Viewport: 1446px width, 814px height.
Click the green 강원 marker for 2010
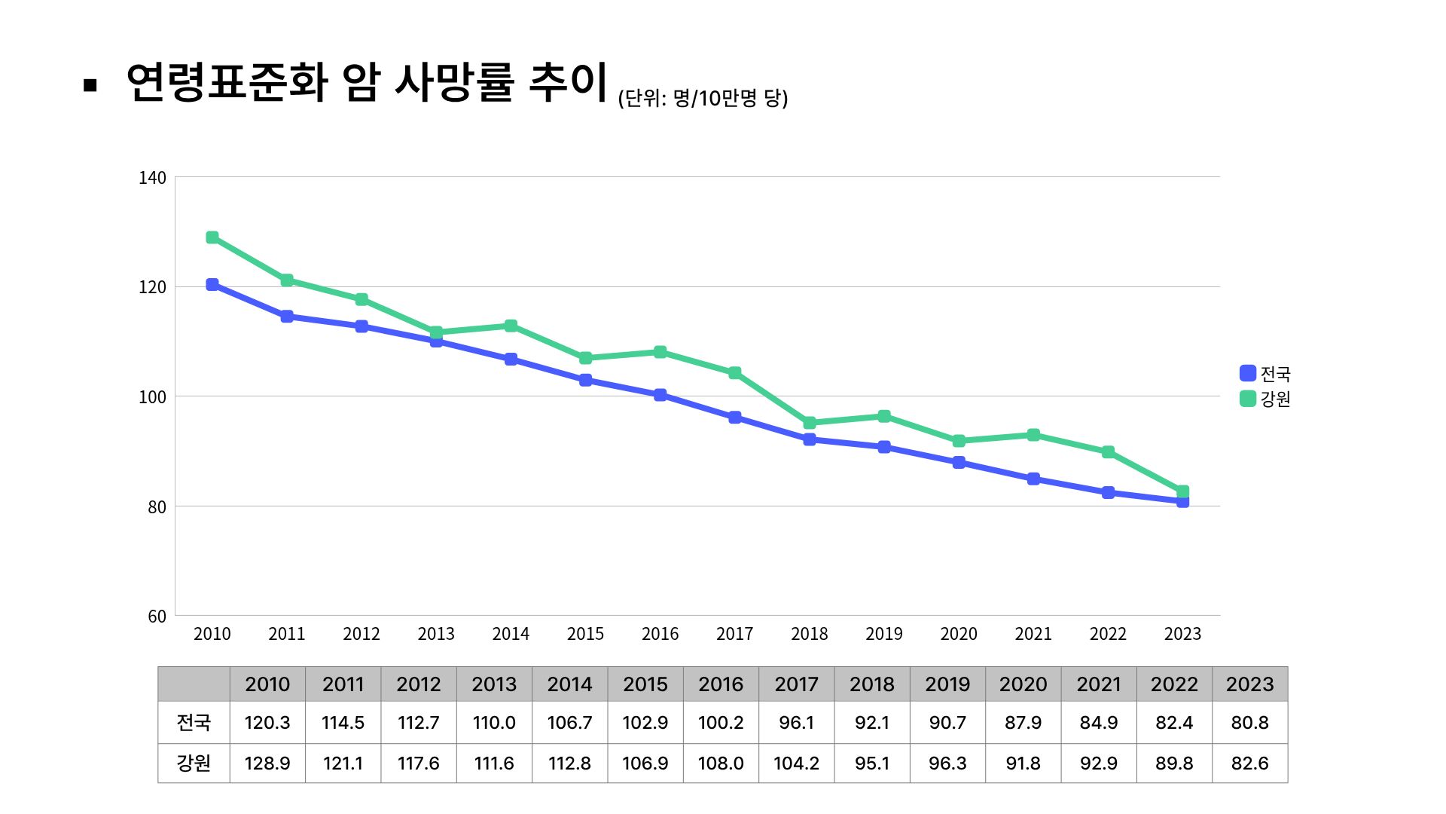[212, 237]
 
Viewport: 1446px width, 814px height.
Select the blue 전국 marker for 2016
[660, 395]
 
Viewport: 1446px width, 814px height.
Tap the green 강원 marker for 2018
[810, 423]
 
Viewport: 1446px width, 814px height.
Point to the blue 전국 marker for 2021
[1033, 479]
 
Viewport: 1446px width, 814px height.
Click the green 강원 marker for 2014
[511, 326]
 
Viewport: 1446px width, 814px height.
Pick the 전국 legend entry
[1265, 373]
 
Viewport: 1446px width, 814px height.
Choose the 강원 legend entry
[1265, 399]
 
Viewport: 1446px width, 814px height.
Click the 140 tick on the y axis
[152, 178]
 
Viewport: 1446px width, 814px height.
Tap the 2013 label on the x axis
[436, 634]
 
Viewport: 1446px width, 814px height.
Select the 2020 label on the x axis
[959, 634]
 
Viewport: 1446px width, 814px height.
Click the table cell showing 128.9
[267, 764]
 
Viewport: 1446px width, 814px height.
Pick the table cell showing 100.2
[721, 723]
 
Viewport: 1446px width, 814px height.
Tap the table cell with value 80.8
[1249, 723]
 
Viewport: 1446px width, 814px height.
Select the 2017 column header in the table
[796, 684]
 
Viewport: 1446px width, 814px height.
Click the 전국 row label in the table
[194, 723]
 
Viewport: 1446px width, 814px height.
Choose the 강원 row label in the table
[194, 764]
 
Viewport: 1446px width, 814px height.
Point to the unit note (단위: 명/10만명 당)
[703, 99]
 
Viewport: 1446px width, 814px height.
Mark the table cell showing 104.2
[796, 764]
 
